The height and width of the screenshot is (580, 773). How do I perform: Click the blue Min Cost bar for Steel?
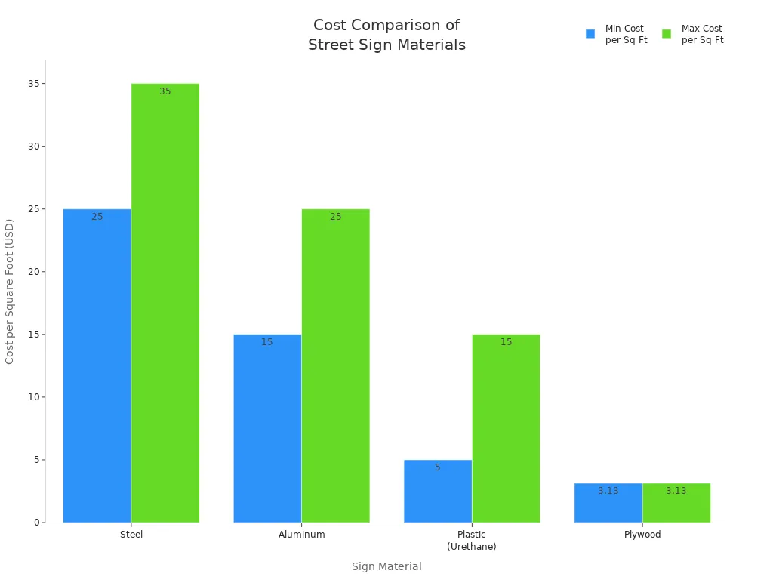97,366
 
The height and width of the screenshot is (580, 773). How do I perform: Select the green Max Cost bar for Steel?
165,303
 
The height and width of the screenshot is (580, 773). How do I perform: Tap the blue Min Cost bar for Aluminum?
267,428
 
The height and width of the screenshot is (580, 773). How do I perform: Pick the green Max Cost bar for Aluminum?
336,366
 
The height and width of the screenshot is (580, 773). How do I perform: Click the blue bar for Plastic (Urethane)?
438,491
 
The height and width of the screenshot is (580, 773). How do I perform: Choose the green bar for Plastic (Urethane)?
506,428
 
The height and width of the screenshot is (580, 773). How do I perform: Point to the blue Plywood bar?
608,503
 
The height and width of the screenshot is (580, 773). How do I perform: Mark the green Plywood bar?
676,503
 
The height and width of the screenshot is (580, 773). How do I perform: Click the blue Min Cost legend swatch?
590,34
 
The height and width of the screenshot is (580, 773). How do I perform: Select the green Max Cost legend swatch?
667,34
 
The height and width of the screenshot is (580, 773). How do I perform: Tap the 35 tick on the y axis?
33,84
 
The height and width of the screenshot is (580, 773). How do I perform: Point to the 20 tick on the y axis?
33,272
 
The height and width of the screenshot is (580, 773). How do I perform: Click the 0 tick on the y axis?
36,523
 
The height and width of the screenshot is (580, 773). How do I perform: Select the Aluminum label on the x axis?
302,535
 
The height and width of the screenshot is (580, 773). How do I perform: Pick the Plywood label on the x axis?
642,535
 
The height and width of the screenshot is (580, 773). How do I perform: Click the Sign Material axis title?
386,566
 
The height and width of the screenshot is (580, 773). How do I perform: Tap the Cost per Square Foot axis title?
10,292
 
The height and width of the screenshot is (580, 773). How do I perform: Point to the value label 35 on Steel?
165,91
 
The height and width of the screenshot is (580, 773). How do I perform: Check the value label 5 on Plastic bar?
438,467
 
